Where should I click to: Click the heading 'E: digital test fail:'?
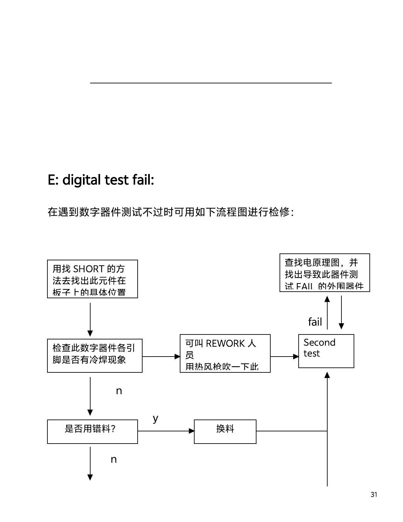101,180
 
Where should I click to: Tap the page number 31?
374,494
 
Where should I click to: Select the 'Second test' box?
326,351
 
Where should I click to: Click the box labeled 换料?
225,431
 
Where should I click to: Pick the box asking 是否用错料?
92,431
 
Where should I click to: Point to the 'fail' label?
315,322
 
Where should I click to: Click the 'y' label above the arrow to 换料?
155,419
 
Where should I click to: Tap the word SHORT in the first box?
89,269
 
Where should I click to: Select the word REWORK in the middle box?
225,343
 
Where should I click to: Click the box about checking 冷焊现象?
94,356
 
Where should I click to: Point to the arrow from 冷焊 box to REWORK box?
161,357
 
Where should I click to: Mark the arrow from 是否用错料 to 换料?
166,431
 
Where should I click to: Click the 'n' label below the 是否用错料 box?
114,460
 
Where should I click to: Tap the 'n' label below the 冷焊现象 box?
119,391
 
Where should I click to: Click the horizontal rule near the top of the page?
211,83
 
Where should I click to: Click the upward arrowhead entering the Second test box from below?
327,375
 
